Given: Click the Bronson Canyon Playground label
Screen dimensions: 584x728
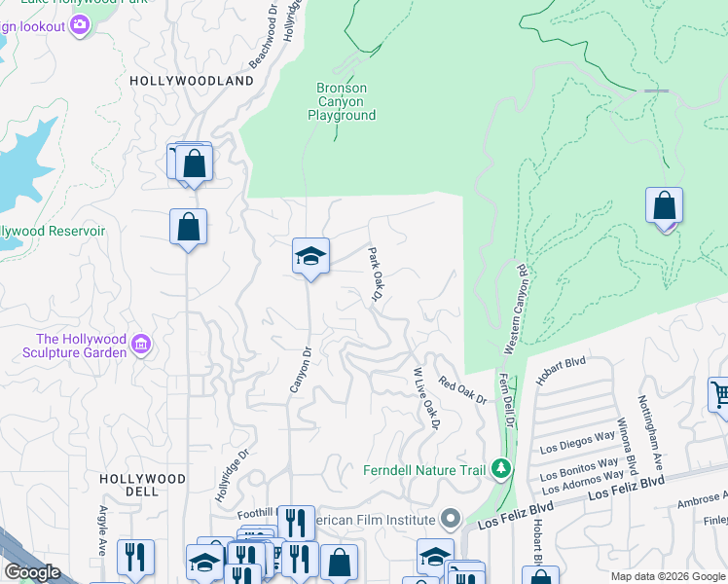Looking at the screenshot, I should click(x=342, y=101).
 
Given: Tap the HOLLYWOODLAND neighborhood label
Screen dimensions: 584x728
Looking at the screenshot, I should click(x=191, y=81).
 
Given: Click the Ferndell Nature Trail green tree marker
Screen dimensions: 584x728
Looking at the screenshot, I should click(x=501, y=469).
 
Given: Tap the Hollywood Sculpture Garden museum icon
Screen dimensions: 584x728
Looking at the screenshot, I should click(x=141, y=344).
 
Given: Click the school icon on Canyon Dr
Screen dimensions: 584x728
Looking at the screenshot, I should click(x=310, y=257).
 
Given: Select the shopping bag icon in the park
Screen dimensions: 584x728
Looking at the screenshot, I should click(x=665, y=206).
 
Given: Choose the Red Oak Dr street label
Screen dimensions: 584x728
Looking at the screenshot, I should click(x=460, y=391).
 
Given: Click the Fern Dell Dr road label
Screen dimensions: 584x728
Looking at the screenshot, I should click(x=506, y=400).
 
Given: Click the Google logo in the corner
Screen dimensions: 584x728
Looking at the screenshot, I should click(x=31, y=572).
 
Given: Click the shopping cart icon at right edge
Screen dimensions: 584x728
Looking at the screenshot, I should click(x=719, y=394).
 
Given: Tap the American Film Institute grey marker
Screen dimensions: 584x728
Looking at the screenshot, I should click(x=450, y=517).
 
